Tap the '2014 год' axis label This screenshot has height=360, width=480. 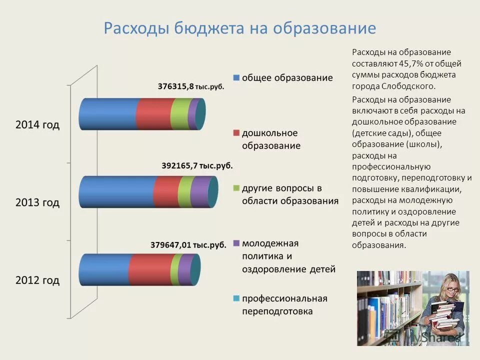[x=37, y=125]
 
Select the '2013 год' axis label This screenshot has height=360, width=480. [x=37, y=203]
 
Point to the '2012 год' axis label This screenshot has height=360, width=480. [x=37, y=280]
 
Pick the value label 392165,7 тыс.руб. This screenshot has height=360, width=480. [x=197, y=165]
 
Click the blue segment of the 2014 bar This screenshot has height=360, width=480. [x=107, y=114]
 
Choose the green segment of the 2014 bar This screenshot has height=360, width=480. [x=179, y=114]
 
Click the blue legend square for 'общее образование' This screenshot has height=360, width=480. [x=235, y=78]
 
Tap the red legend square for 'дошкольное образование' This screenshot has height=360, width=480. [x=235, y=133]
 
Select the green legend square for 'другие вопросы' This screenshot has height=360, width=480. [x=235, y=188]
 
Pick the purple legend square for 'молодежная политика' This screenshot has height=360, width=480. [x=235, y=243]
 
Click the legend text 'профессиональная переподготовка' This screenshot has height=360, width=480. [x=284, y=305]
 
